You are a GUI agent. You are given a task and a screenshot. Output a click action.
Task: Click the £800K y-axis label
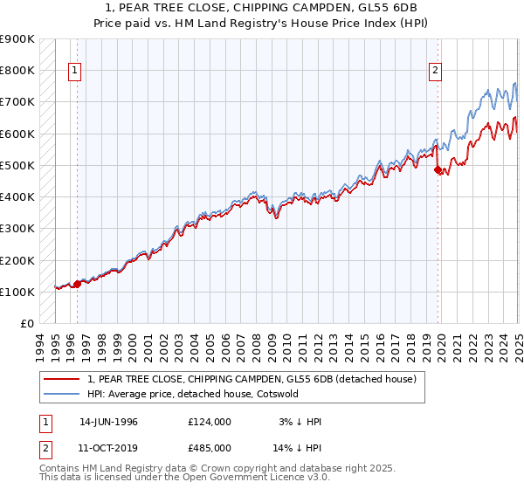pos(17,70)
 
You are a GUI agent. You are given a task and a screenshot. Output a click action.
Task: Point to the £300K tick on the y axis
pos(17,229)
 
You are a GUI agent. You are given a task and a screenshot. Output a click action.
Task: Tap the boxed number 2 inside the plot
pos(435,72)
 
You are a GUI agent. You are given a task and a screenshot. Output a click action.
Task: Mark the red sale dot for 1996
pos(77,284)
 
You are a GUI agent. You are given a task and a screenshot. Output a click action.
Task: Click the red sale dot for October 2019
pos(438,170)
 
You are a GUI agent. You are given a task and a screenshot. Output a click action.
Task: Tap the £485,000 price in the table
pos(209,446)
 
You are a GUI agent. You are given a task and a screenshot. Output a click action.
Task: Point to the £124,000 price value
pos(209,422)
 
